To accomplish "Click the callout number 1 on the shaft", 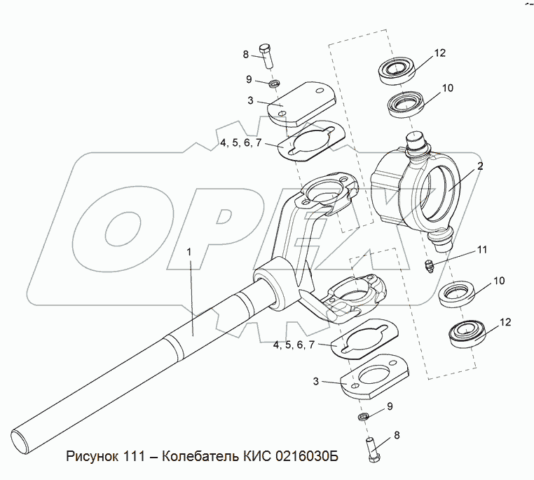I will (x=189, y=251).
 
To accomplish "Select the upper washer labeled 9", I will (x=275, y=84).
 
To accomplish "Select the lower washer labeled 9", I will (x=363, y=418).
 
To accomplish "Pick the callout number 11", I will (x=482, y=250).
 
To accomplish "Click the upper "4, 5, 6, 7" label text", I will (x=240, y=142).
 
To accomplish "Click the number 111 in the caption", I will (x=138, y=457).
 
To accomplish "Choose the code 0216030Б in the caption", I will (x=303, y=457).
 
